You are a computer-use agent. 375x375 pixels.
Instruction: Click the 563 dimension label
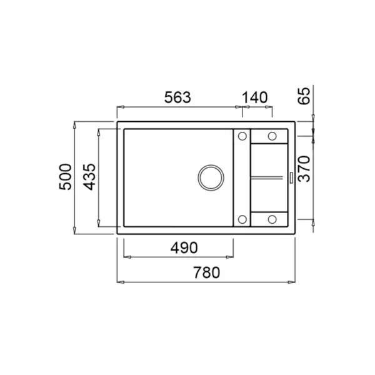[177, 97]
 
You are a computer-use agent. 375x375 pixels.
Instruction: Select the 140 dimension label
[255, 97]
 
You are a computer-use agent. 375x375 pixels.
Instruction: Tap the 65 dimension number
[304, 96]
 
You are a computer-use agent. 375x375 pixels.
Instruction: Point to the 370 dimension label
[304, 169]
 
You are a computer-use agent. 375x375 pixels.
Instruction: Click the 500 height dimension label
[65, 177]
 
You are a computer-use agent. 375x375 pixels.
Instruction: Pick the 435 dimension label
[89, 177]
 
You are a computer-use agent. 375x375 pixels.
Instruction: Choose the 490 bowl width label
[184, 247]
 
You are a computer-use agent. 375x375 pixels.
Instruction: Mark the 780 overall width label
[207, 272]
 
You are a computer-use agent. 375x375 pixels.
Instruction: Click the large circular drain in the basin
[211, 177]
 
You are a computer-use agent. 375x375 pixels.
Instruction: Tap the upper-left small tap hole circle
[242, 136]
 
